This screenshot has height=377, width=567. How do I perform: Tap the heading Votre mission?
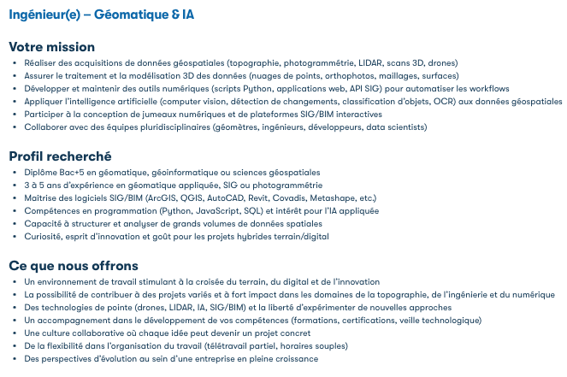[x=52, y=47]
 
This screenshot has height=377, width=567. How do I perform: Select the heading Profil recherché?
[x=60, y=156]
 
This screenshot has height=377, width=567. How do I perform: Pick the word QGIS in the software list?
[x=188, y=197]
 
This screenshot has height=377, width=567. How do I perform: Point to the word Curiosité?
[x=44, y=236]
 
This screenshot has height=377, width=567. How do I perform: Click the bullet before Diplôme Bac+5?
[x=15, y=173]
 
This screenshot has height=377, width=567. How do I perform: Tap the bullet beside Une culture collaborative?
[x=15, y=333]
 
